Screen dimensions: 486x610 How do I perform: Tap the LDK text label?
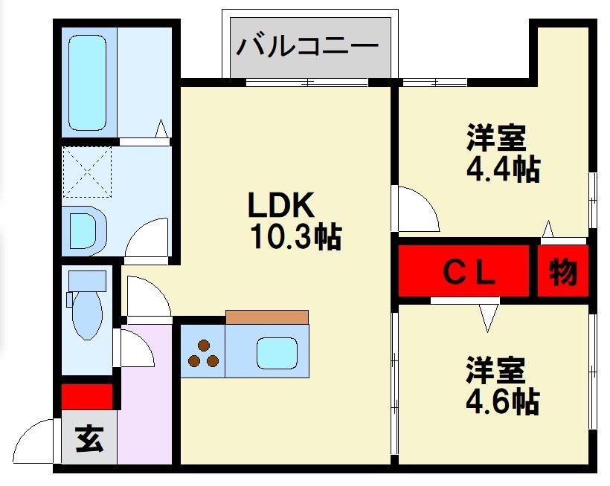pyautogui.click(x=283, y=204)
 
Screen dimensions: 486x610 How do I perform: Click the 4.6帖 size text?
pyautogui.click(x=503, y=401)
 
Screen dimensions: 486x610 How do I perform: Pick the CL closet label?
pyautogui.click(x=469, y=273)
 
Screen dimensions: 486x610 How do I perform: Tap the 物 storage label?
pyautogui.click(x=563, y=273)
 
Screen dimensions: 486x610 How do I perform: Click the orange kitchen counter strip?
pyautogui.click(x=266, y=317)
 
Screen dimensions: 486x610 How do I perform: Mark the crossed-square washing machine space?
pyautogui.click(x=88, y=172)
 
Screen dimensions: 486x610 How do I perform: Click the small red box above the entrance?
pyautogui.click(x=87, y=396)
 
